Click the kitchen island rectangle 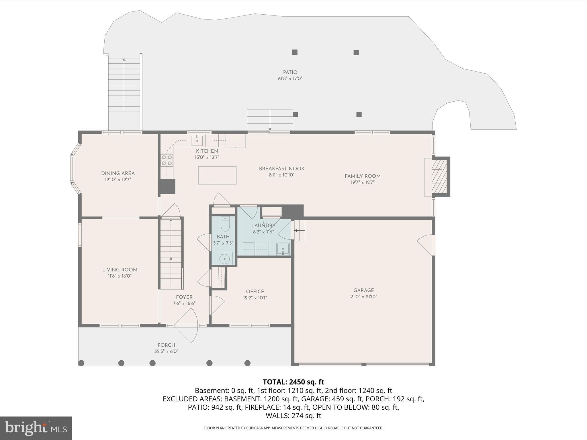click(x=217, y=175)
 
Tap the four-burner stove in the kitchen click(x=167, y=160)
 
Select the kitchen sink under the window click(x=197, y=140)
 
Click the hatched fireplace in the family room click(x=439, y=176)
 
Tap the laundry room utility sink click(x=283, y=249)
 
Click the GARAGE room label click(x=363, y=290)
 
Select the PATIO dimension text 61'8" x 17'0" click(x=290, y=78)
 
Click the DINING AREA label click(x=118, y=173)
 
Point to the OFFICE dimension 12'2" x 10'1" click(x=255, y=298)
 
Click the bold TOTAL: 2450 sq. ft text click(x=293, y=382)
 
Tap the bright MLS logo click(x=36, y=428)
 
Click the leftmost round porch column click(x=81, y=363)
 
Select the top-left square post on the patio click(x=295, y=52)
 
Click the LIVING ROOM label click(x=120, y=270)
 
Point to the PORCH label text click(x=166, y=345)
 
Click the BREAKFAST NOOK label click(x=281, y=169)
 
